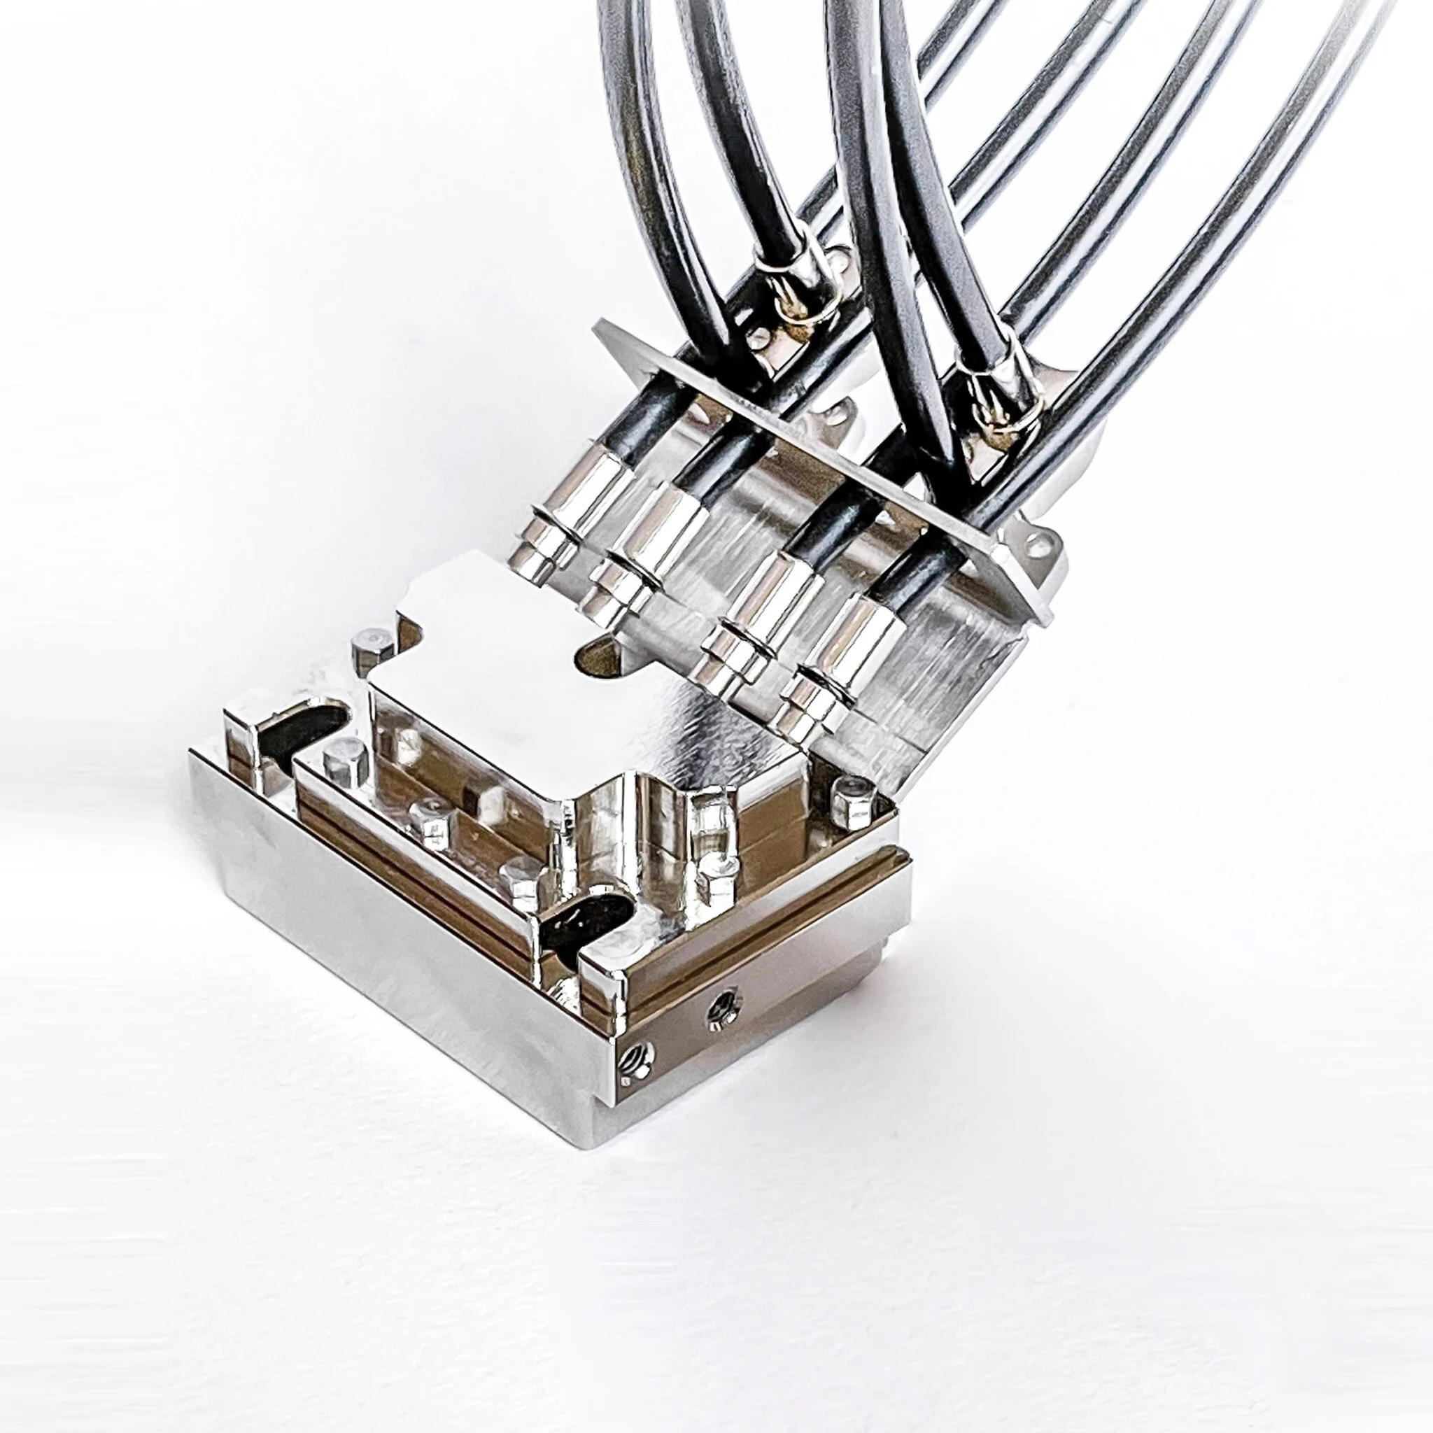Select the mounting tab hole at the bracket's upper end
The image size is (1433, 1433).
coord(839,260)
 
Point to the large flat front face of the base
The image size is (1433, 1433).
coord(386,956)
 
